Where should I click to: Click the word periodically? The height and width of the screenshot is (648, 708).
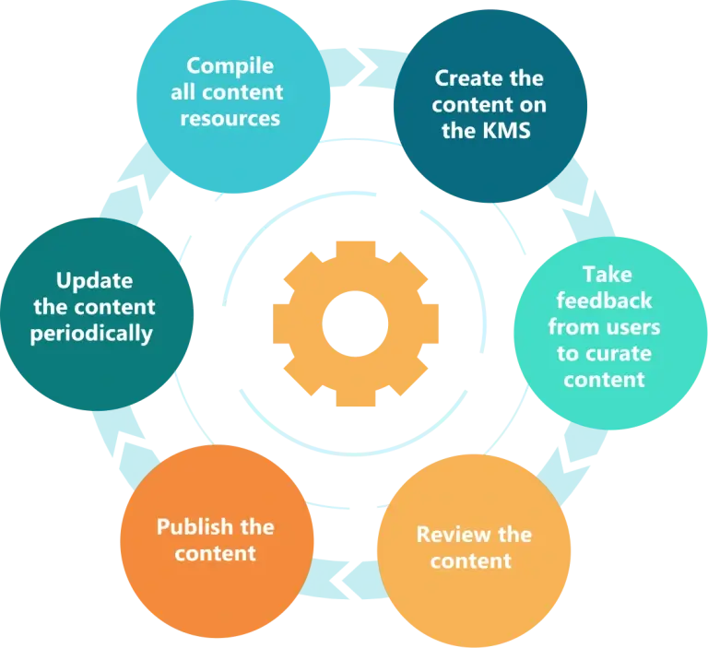tap(91, 333)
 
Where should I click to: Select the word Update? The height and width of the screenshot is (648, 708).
tap(94, 280)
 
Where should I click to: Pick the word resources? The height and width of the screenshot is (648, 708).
tap(230, 119)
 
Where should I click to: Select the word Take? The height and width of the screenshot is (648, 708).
tap(606, 275)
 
